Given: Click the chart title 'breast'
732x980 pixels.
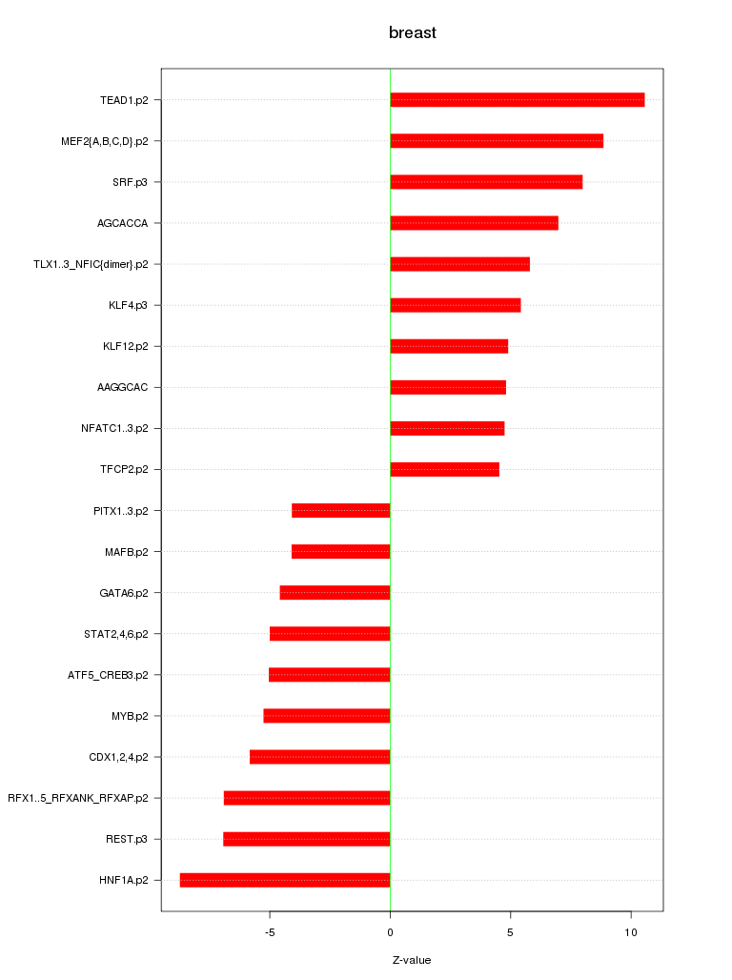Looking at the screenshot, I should pyautogui.click(x=412, y=33).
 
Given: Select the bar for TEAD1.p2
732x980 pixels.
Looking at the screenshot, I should pyautogui.click(x=517, y=100).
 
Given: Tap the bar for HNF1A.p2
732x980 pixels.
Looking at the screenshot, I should pyautogui.click(x=285, y=880).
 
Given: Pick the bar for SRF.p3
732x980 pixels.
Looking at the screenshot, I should pyautogui.click(x=486, y=182).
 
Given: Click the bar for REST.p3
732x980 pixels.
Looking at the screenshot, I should pyautogui.click(x=307, y=839).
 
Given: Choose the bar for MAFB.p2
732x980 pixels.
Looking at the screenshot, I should pyautogui.click(x=341, y=551).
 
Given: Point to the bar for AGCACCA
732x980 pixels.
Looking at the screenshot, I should pyautogui.click(x=474, y=223).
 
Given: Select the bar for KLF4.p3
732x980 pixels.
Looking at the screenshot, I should pyautogui.click(x=456, y=305).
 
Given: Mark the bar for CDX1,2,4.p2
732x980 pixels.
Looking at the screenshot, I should pyautogui.click(x=320, y=757).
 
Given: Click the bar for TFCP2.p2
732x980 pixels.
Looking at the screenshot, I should pyautogui.click(x=444, y=469).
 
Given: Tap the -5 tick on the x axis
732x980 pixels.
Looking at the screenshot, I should pyautogui.click(x=270, y=931).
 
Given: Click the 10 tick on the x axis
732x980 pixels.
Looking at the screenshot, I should pyautogui.click(x=631, y=931).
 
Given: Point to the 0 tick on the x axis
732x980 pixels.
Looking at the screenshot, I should pyautogui.click(x=390, y=931).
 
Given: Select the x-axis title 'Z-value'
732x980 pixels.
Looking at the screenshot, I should pyautogui.click(x=412, y=960).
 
